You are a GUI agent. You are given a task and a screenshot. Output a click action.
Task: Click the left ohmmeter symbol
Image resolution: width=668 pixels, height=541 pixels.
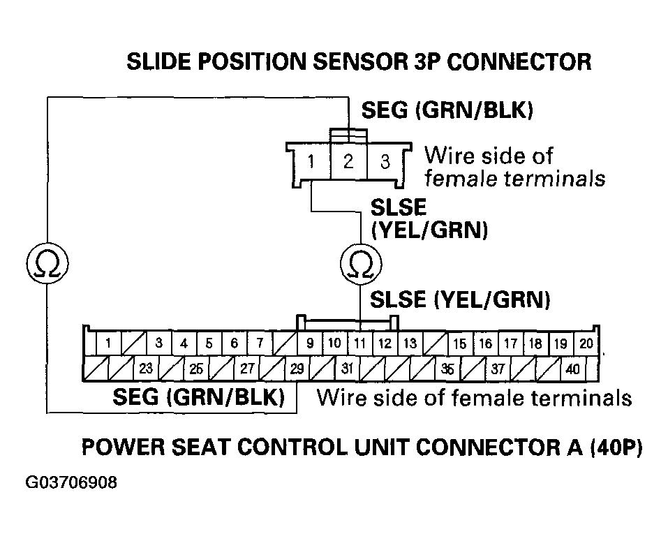tap(46, 263)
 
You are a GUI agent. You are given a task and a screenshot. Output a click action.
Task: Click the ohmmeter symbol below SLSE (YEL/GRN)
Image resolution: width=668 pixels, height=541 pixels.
tap(359, 263)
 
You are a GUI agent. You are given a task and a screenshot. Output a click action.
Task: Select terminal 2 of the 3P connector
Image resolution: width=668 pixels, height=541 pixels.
tap(348, 162)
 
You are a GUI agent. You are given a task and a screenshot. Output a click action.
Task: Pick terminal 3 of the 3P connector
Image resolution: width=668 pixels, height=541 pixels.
tap(385, 162)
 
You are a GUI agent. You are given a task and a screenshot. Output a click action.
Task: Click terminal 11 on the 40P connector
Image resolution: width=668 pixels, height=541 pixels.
tap(359, 343)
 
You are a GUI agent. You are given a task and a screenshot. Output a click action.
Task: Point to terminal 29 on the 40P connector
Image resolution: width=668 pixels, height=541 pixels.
tap(297, 369)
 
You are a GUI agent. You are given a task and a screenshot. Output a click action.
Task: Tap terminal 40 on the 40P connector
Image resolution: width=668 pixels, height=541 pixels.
tap(572, 369)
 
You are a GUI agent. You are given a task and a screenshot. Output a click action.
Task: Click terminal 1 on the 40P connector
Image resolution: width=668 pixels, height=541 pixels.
tap(108, 343)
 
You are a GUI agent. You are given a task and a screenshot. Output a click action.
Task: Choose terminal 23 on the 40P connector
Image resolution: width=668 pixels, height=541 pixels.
tap(146, 369)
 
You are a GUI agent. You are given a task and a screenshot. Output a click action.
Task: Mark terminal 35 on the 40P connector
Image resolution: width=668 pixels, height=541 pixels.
tap(447, 369)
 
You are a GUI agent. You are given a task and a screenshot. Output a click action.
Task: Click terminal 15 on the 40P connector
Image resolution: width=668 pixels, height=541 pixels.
tap(459, 343)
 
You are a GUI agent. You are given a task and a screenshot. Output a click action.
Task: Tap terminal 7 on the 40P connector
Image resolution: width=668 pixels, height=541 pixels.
tap(259, 343)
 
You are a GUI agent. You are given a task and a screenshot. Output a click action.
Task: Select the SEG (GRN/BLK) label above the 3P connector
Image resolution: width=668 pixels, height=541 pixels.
tap(447, 110)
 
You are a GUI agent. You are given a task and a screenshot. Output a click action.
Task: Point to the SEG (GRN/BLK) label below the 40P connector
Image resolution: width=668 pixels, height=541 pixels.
tap(199, 398)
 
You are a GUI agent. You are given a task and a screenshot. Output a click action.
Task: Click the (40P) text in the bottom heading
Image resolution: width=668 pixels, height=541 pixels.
tap(614, 447)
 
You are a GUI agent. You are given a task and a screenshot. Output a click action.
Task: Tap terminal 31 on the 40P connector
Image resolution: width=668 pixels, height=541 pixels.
tap(347, 369)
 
